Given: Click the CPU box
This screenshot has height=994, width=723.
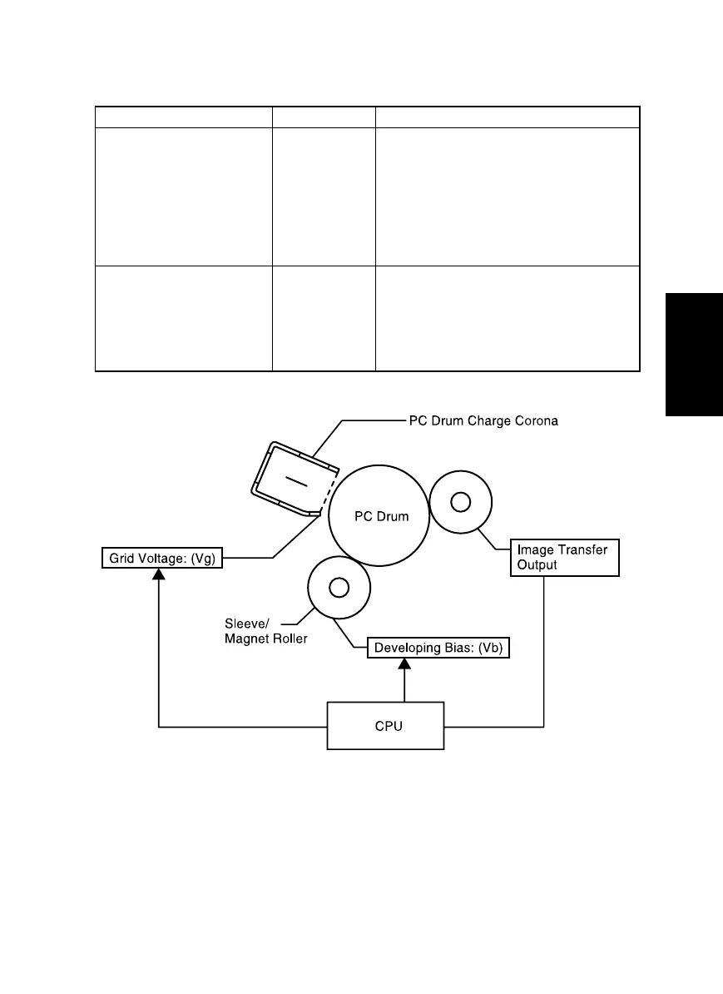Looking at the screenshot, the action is pyautogui.click(x=385, y=726).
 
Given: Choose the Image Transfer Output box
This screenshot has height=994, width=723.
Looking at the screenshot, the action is pyautogui.click(x=564, y=557).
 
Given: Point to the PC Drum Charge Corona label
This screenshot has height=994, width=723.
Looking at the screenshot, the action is pyautogui.click(x=483, y=421).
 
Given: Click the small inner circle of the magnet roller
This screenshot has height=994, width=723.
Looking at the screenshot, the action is pyautogui.click(x=338, y=588).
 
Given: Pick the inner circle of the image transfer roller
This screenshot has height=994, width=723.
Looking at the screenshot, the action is pyautogui.click(x=460, y=502).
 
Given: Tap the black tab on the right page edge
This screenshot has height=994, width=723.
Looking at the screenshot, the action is pyautogui.click(x=694, y=355).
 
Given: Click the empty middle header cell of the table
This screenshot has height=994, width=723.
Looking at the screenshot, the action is pyautogui.click(x=324, y=117).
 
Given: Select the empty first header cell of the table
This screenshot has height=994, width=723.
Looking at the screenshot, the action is pyautogui.click(x=184, y=117).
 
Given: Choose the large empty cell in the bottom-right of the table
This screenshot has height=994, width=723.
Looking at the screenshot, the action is pyautogui.click(x=508, y=318).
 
